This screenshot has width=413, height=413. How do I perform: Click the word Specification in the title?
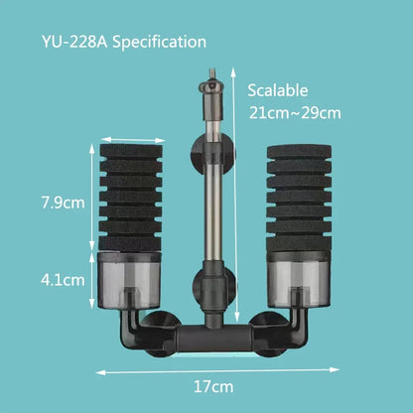coord(160,43)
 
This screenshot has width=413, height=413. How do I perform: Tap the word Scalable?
coord(279,89)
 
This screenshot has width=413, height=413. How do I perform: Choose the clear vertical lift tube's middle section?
coord(208,208)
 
